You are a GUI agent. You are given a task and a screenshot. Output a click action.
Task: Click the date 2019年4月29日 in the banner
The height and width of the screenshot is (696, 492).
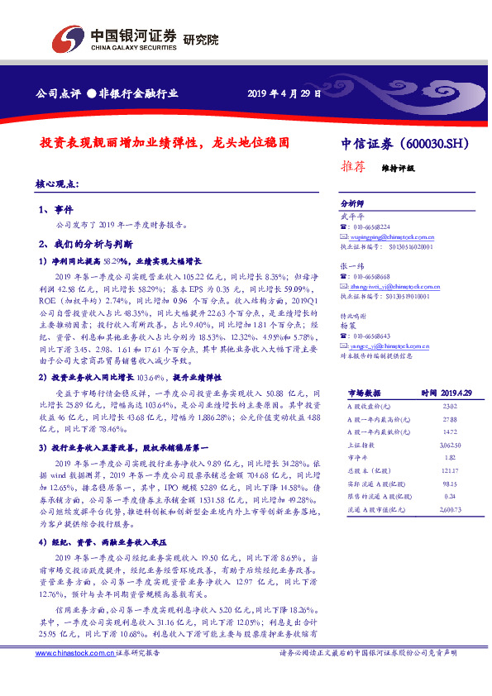pyautogui.click(x=284, y=92)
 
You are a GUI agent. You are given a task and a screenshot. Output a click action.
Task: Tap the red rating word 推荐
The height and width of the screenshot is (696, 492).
pyautogui.click(x=353, y=165)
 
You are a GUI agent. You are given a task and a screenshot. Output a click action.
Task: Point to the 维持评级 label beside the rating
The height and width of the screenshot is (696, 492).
pyautogui.click(x=398, y=167)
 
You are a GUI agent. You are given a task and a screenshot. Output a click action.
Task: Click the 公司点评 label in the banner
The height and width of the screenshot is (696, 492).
pyautogui.click(x=58, y=92)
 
